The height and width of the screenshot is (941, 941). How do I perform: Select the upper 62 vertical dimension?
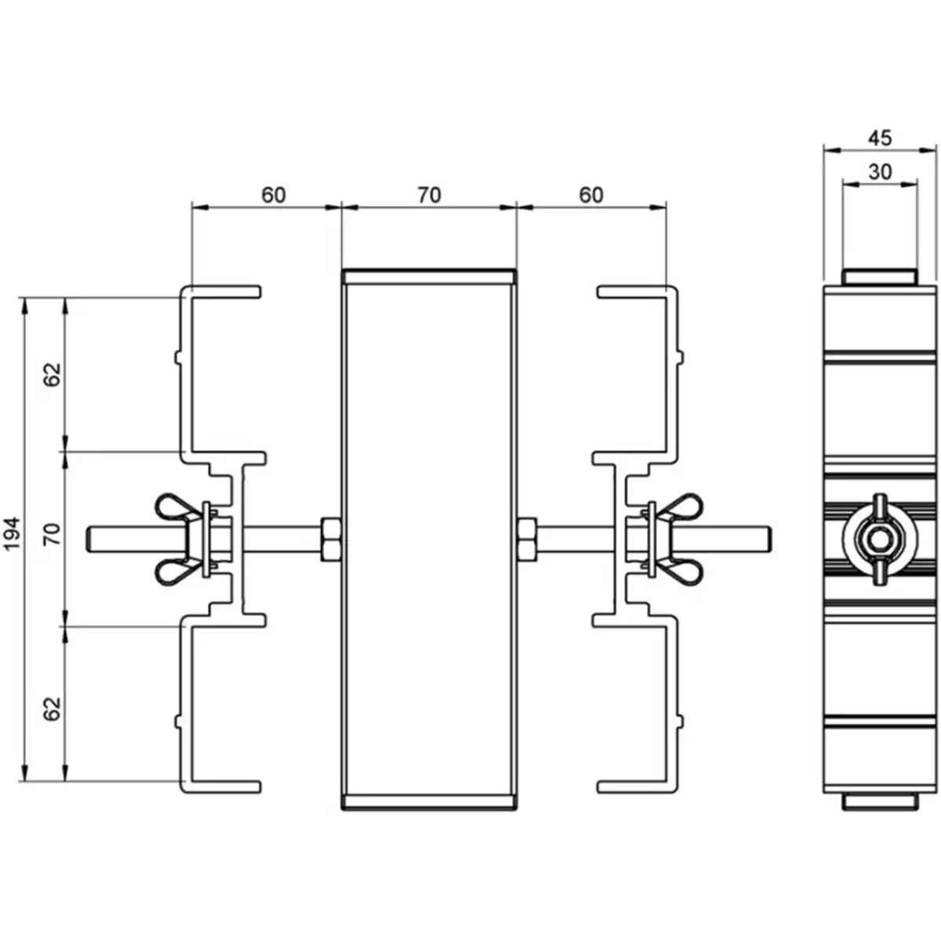[53, 375]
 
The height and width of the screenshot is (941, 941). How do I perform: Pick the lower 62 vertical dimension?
[53, 709]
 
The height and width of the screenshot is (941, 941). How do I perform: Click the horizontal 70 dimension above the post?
[429, 194]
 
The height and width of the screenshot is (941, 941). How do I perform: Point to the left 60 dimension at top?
[273, 194]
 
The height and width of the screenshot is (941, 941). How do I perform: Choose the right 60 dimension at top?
[591, 194]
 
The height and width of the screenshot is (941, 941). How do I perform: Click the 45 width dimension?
[880, 137]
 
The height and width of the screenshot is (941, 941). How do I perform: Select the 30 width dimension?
[880, 172]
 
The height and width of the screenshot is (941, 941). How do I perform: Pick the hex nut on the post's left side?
[330, 539]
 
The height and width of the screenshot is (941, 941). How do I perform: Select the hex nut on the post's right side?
[528, 539]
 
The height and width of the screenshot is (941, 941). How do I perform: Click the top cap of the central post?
[429, 275]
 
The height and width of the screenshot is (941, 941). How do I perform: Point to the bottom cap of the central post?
[429, 801]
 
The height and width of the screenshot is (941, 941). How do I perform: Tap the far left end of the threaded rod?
[91, 539]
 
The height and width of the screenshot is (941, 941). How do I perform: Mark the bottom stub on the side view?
[879, 801]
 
